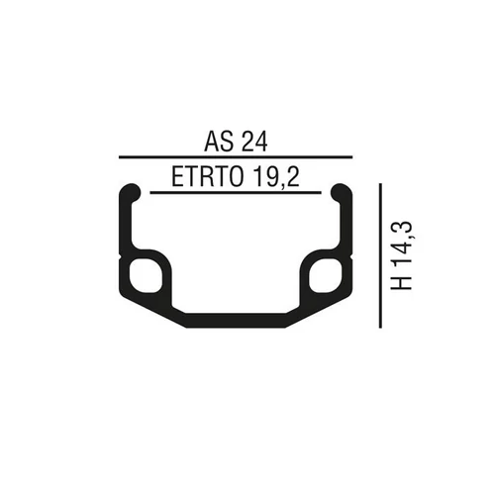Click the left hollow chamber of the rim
coord(143,274)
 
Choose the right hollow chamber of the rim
coord(326,274)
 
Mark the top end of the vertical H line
coord(381,183)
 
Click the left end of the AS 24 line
coord(119,157)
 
